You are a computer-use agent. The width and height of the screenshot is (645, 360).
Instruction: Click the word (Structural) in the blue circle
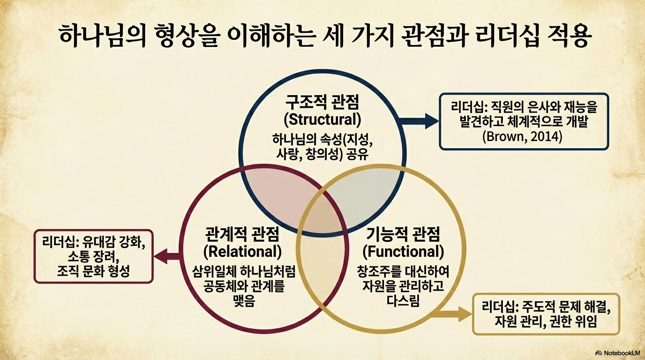pos(323,119)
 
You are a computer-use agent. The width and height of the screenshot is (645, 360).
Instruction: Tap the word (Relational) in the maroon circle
pos(242,251)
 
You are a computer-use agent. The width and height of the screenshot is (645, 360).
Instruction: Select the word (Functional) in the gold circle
pos(403,251)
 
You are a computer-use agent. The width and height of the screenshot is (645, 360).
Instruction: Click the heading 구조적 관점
pos(323,102)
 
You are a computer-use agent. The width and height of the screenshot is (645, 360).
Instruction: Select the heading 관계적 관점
pos(242,233)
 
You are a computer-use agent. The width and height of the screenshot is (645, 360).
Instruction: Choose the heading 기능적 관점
pos(403,233)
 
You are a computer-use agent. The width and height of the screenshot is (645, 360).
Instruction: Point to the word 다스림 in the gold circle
pos(403,300)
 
